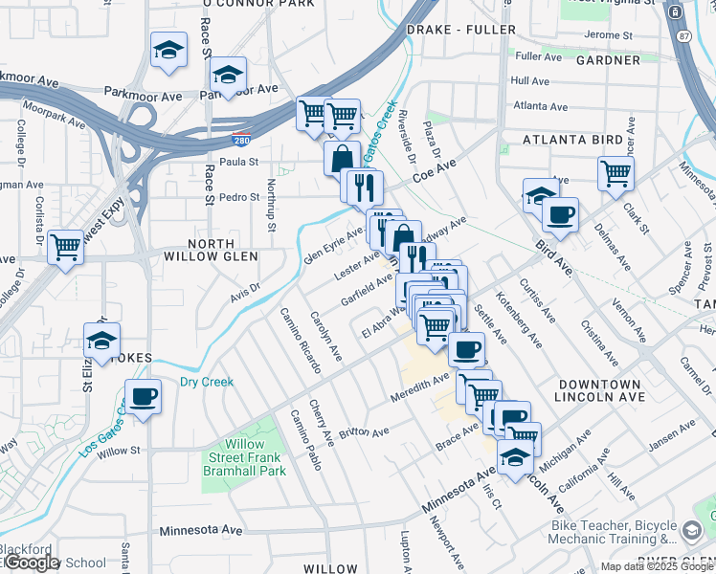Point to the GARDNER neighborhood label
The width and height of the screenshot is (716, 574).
608,60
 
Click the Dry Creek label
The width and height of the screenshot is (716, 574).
207,383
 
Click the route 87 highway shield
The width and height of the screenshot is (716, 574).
682,35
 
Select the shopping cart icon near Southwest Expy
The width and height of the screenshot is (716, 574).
65,247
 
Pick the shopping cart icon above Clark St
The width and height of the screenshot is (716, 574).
615,173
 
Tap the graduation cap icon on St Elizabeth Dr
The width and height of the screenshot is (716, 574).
101,339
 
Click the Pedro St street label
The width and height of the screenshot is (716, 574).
239,197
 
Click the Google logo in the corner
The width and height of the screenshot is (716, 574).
32,563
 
